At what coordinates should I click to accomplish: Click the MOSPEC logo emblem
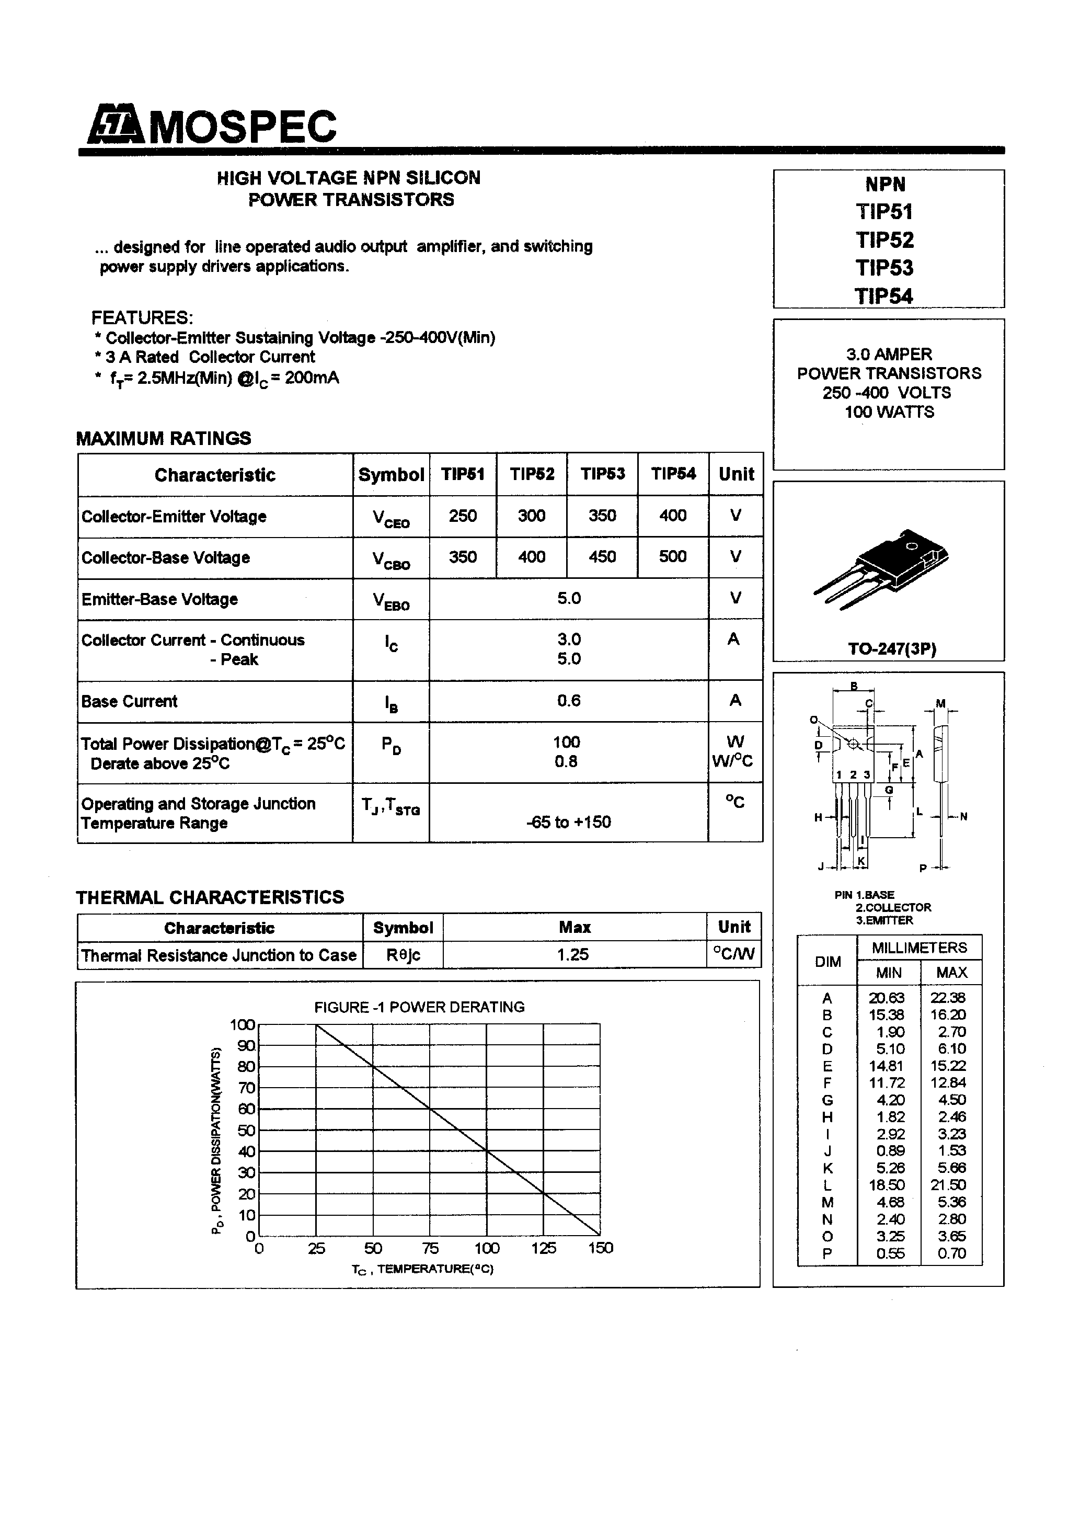114,124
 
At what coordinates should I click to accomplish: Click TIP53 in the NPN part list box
884,268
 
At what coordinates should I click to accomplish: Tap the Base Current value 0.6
569,701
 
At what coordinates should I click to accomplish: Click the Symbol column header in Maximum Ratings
391,475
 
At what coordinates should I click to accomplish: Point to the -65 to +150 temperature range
569,822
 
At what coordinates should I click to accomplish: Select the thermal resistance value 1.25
573,954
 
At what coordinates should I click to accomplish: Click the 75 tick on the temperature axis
430,1248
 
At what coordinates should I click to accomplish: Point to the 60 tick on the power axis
246,1109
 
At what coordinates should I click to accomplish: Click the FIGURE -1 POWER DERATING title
419,1007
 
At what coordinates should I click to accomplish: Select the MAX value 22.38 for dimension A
948,998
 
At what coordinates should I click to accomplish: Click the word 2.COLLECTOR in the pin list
893,907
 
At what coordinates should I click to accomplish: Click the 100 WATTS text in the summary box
889,412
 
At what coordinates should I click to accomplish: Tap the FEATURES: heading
142,317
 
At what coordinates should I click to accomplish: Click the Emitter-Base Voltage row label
160,599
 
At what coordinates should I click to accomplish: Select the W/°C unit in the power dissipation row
732,761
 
